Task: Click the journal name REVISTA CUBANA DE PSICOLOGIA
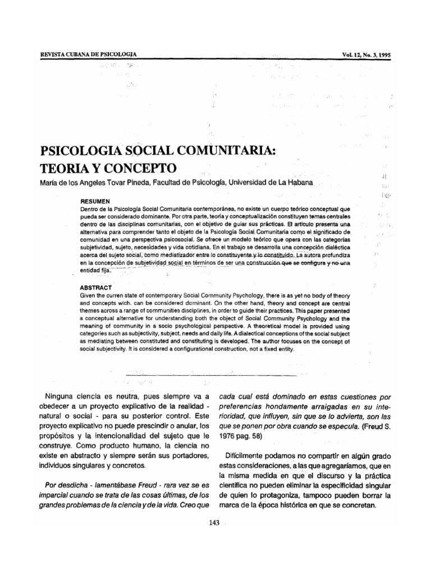pyautogui.click(x=89, y=55)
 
